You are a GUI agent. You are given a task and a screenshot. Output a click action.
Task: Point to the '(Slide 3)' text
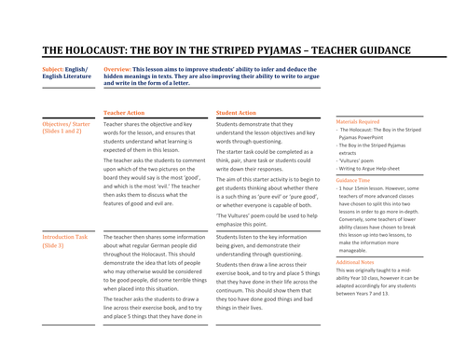pyautogui.click(x=53, y=246)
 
